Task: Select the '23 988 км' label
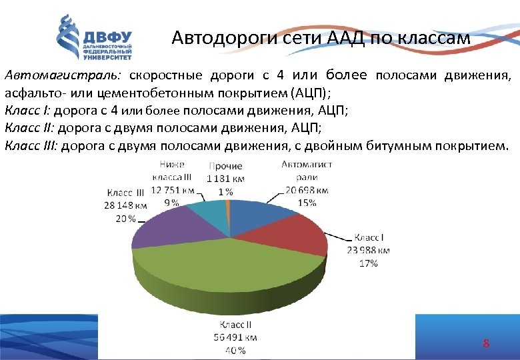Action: [x=368, y=251]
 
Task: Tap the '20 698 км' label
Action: [x=307, y=190]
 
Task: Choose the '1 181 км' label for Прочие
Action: [x=225, y=178]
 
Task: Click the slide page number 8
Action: [x=486, y=344]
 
